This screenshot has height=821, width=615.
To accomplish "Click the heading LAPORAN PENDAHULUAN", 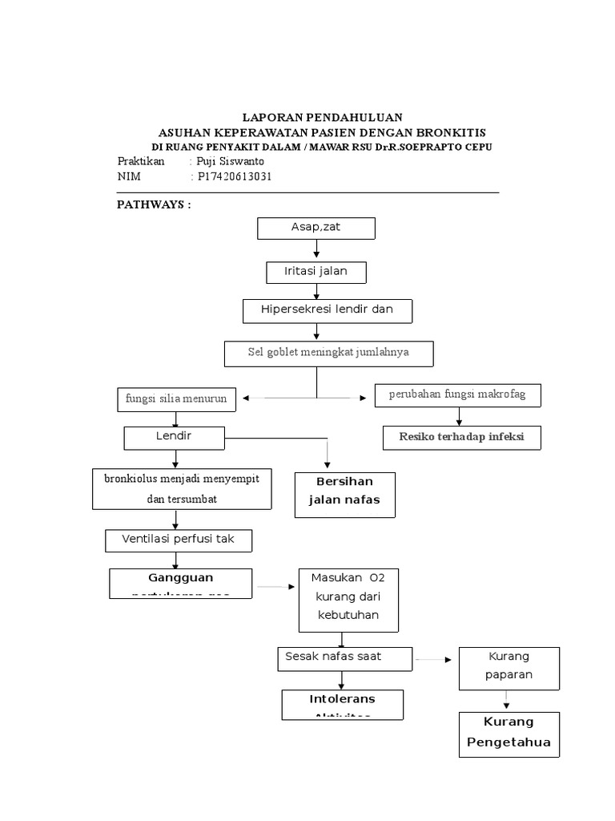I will (x=322, y=117).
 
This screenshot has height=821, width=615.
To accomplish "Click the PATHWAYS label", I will (x=154, y=204).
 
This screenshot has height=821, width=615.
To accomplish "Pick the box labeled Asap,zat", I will (x=316, y=228).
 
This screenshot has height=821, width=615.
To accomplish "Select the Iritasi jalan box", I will (x=316, y=272).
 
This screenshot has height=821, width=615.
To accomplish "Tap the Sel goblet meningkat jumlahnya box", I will (x=328, y=353).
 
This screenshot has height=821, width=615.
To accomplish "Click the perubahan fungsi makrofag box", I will (x=457, y=394).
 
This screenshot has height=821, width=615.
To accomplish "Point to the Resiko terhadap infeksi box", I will (x=461, y=437).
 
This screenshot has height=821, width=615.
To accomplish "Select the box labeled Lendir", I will (x=174, y=438).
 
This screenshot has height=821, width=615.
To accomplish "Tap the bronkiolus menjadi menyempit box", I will (x=182, y=488).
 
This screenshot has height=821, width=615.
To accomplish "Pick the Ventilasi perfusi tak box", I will (x=179, y=540).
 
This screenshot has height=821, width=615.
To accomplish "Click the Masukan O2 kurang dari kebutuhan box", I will (x=348, y=600).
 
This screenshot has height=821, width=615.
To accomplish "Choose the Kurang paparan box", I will (x=508, y=668).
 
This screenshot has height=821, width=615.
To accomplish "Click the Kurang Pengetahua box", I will (x=509, y=734).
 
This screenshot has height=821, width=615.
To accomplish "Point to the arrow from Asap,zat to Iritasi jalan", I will (x=316, y=250).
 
